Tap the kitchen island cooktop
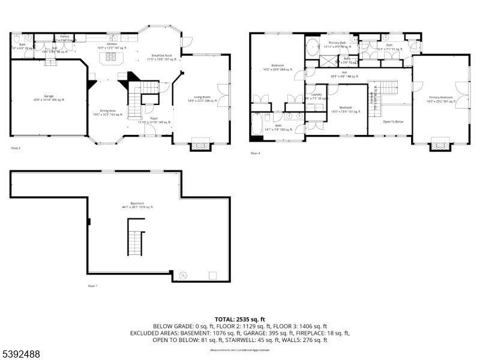pos(112,58)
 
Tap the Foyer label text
pos(154,120)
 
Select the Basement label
pos(137,205)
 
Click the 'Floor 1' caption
pos(92,286)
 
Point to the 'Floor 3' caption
pos(256,154)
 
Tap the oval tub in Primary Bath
pos(313,48)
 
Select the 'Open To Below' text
pos(393,121)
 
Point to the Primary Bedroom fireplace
pos(441,144)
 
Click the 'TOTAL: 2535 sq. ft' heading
pos(240,319)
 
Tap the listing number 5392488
pos(21,355)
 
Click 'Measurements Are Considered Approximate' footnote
pos(240,349)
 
